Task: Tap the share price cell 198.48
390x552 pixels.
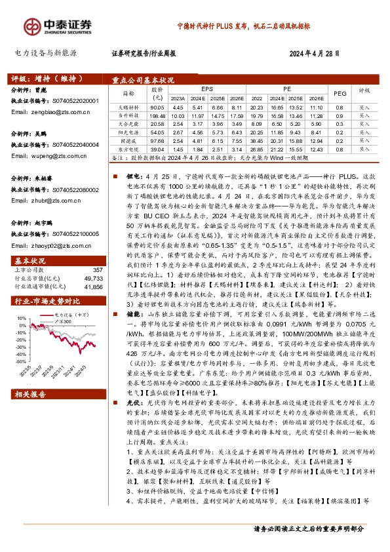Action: pos(157,115)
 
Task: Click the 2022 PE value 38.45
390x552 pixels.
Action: pos(256,140)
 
